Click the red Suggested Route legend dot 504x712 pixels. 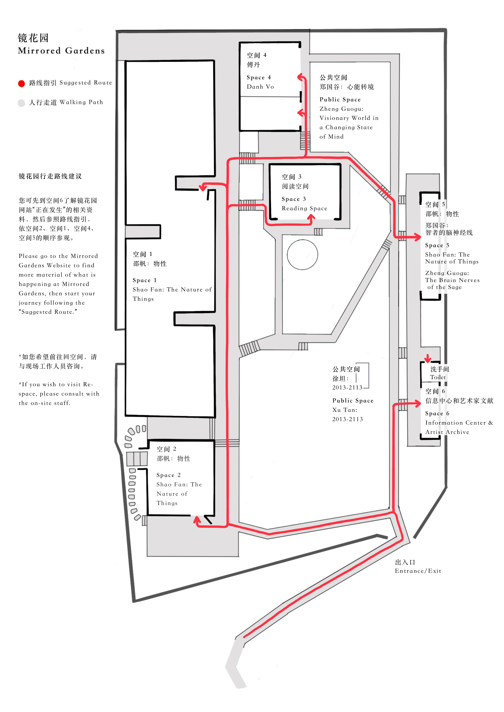tap(21, 83)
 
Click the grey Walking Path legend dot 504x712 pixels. tap(21, 103)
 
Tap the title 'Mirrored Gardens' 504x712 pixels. tap(61, 51)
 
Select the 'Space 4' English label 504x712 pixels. tap(259, 77)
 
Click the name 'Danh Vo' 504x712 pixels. tap(260, 87)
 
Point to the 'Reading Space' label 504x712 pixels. tap(304, 208)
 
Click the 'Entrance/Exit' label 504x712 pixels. tap(418, 571)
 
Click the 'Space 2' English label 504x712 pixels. tap(168, 475)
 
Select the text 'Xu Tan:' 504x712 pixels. tap(344, 410)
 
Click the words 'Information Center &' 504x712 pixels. tap(459, 423)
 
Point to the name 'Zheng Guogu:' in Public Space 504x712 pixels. tap(341, 109)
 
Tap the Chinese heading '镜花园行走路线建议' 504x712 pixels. tap(50, 176)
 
